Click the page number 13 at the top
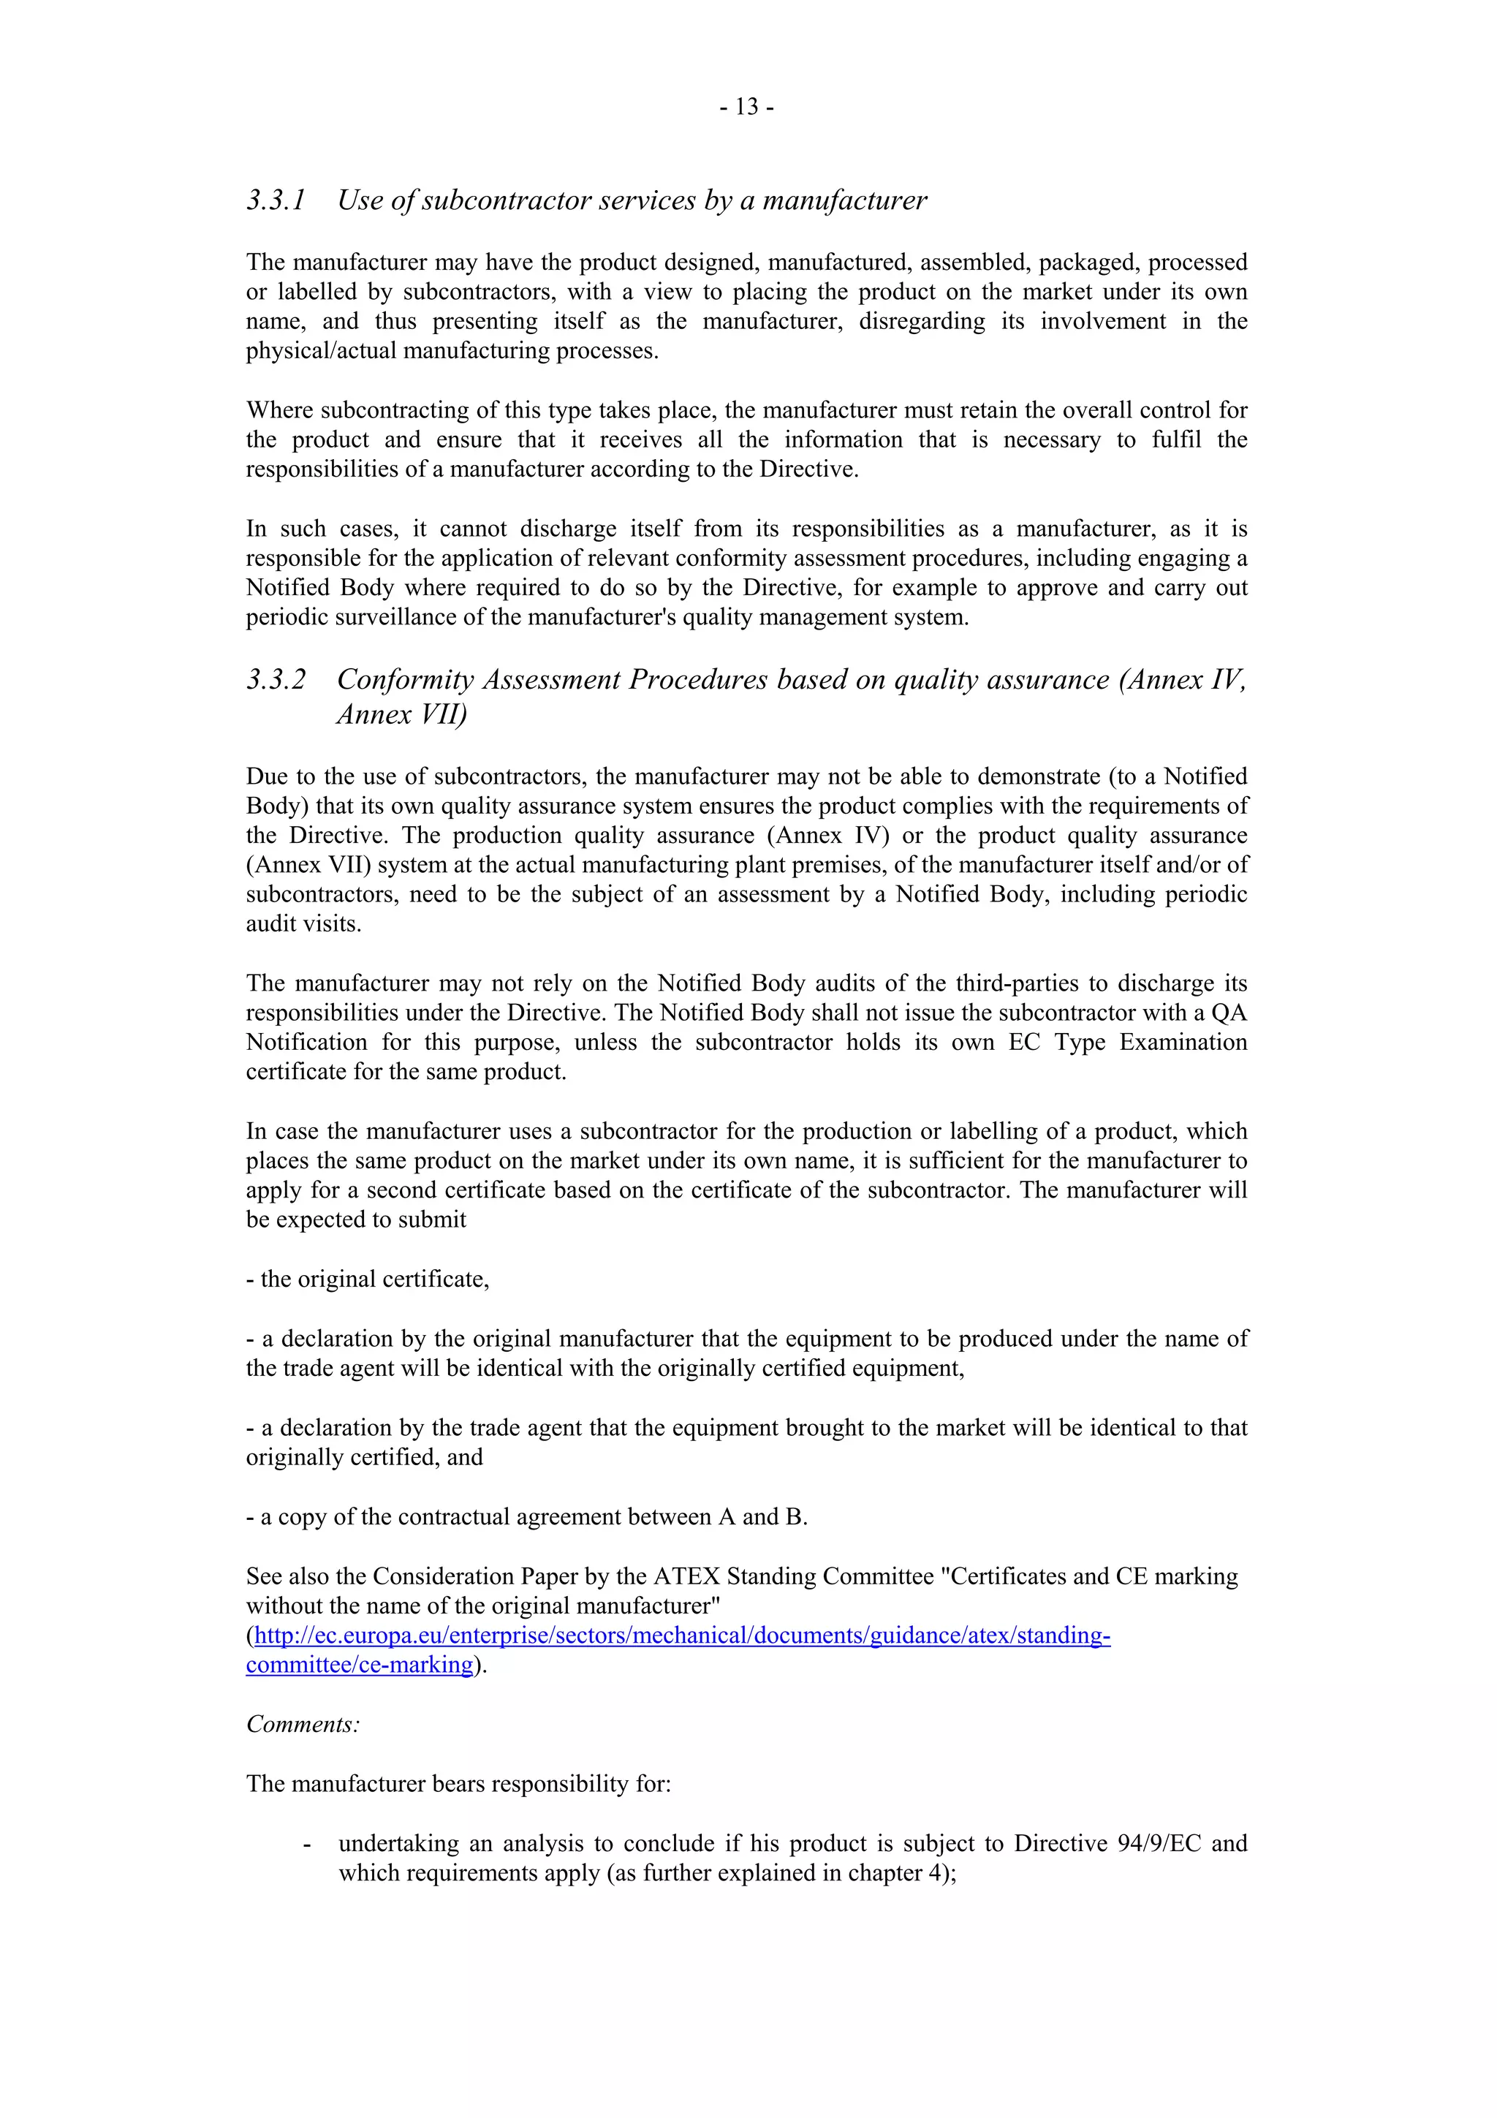point(747,108)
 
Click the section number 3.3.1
point(275,200)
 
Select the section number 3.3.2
point(275,680)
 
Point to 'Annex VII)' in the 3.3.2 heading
point(401,714)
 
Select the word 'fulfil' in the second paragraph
point(1176,440)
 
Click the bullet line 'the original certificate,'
point(367,1279)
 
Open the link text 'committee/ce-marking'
point(359,1665)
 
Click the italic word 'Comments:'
point(303,1724)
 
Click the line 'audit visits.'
point(303,924)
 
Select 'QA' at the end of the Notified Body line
point(1229,1013)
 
